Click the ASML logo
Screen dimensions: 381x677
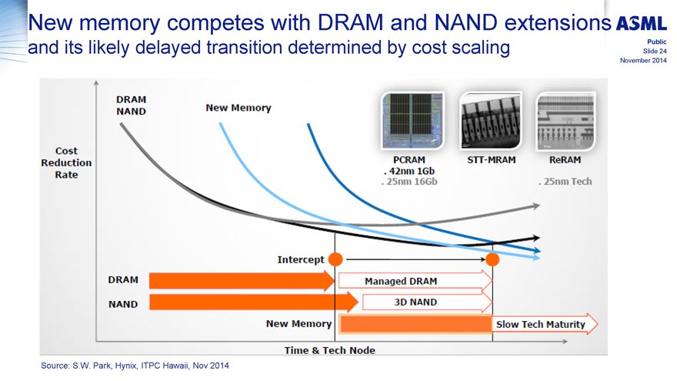pos(642,24)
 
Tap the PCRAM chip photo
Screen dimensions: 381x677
pos(414,121)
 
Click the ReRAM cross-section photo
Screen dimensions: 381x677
pos(565,121)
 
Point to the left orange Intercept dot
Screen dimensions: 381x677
pos(335,259)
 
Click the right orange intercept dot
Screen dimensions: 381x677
pos(492,259)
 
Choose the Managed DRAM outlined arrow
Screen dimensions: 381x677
pos(414,281)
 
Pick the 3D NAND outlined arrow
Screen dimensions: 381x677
pos(414,302)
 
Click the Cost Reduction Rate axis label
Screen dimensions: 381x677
pos(66,162)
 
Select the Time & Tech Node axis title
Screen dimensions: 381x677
pos(329,350)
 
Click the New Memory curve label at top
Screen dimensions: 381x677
pos(238,108)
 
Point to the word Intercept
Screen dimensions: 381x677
pos(301,259)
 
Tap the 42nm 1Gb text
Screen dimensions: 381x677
pos(410,171)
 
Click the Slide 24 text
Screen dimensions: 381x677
pos(654,52)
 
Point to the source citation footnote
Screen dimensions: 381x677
pos(135,365)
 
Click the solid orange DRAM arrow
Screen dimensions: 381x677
pos(240,281)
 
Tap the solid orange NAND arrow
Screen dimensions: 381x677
pos(240,302)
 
